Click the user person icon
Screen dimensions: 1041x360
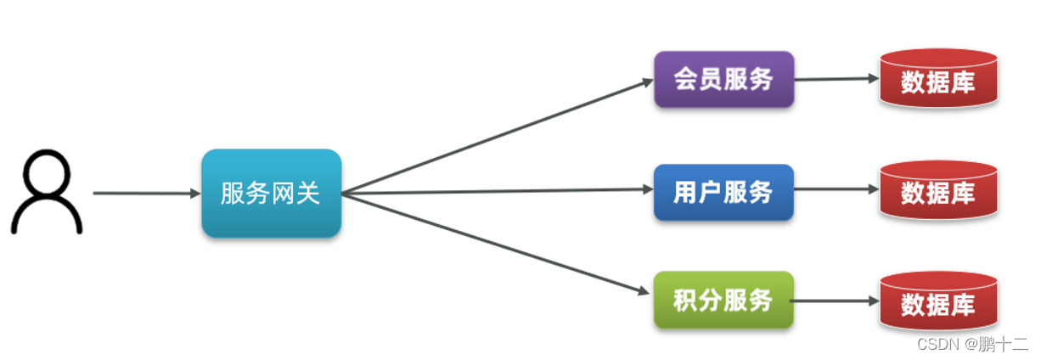[x=46, y=193]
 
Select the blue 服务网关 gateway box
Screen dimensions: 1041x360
[x=271, y=194]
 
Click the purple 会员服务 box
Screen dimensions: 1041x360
[x=723, y=79]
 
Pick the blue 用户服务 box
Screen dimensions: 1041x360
[x=723, y=193]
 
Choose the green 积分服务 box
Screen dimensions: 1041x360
[x=723, y=301]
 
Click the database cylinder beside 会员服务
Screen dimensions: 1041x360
[x=937, y=79]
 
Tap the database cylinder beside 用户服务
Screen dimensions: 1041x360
[x=937, y=192]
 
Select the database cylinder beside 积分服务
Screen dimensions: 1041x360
[x=937, y=302]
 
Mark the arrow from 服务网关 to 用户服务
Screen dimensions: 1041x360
[x=497, y=192]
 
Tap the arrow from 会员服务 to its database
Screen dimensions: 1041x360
[x=836, y=79]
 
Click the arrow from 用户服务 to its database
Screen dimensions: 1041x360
[x=836, y=189]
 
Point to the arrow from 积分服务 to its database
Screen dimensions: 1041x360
[x=836, y=301]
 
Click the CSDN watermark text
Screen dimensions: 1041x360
[x=935, y=344]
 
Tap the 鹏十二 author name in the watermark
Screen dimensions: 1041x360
[x=1004, y=344]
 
